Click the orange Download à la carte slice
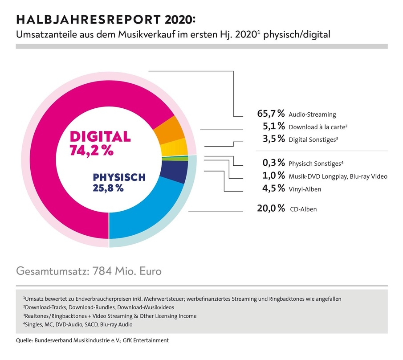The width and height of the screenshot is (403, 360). pos(169,129)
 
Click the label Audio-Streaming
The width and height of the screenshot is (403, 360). pos(312,115)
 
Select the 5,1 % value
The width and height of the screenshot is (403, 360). pos(273,127)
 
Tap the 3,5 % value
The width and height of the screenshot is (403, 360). pos(273,139)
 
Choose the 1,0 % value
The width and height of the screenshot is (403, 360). pos(273,176)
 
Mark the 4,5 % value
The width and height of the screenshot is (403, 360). pos(273,189)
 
